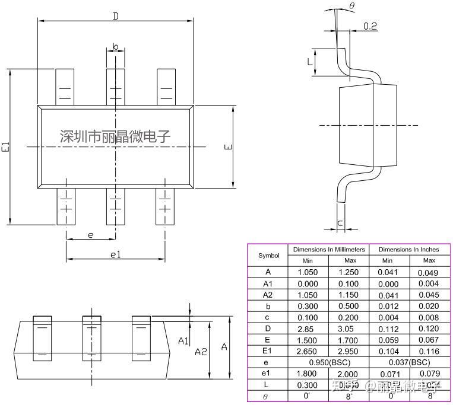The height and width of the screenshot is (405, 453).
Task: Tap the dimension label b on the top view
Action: [x=115, y=46]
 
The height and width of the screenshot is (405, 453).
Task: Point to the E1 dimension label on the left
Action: [x=5, y=147]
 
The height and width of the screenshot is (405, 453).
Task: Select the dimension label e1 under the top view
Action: [x=115, y=254]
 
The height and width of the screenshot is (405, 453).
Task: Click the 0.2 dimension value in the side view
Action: [x=370, y=26]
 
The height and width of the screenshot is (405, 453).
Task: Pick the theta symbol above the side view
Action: [x=352, y=6]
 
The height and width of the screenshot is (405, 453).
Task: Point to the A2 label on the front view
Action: [x=201, y=351]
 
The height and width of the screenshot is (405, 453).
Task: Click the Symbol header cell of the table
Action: [x=268, y=256]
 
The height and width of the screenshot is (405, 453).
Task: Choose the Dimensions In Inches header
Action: [x=408, y=250]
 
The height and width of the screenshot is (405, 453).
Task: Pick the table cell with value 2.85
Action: [x=308, y=328]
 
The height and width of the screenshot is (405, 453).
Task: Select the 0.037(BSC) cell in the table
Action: [x=408, y=362]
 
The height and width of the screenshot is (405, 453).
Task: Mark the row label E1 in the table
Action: [x=268, y=350]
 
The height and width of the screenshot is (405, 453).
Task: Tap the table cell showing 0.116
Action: [x=429, y=350]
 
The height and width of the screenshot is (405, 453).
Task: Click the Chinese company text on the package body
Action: [x=115, y=136]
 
